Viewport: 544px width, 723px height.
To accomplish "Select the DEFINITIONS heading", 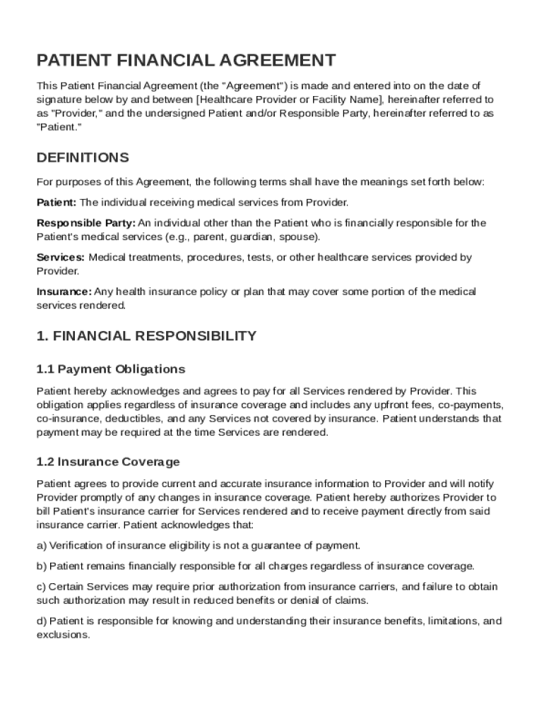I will [83, 157].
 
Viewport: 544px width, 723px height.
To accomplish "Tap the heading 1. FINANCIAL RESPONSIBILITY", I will [146, 336].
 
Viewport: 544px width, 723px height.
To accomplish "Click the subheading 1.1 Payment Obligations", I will [110, 369].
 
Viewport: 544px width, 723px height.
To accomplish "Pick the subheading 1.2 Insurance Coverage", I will [108, 462].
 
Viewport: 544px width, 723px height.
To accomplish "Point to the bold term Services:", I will [61, 258].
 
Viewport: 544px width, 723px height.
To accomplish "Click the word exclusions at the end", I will [63, 635].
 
